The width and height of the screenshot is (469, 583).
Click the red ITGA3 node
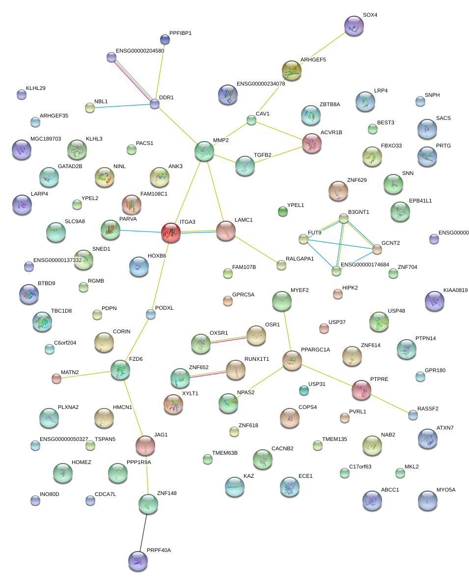171,232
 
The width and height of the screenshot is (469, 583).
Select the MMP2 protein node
204,151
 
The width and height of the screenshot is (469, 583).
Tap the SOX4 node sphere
354,26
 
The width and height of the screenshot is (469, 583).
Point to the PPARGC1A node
292,360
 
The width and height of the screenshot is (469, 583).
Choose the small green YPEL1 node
282,211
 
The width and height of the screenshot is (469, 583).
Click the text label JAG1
161,435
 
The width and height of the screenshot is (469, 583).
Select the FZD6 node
120,370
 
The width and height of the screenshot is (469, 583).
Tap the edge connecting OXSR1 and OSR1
228,339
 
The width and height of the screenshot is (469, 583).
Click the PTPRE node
361,389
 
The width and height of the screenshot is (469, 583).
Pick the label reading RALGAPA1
300,259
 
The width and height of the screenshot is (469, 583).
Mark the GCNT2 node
377,249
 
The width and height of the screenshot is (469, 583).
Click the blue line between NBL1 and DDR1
122,106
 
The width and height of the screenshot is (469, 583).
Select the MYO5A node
427,500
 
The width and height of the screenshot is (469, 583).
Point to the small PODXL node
151,314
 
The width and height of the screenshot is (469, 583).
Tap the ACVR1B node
312,143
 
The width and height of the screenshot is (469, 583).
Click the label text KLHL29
36,88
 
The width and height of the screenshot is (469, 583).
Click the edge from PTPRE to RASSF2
391,404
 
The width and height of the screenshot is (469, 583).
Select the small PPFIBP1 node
165,39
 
